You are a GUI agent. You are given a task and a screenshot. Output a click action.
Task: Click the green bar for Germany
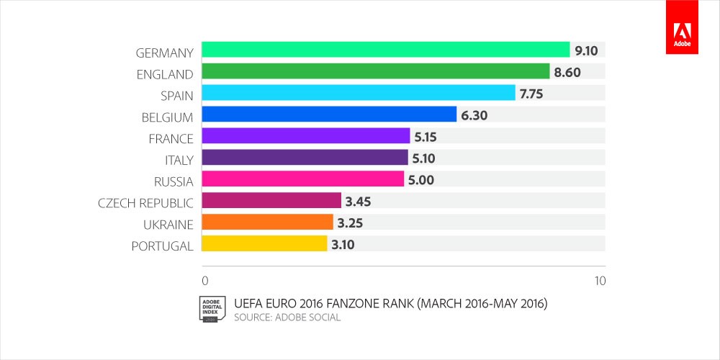click(385, 50)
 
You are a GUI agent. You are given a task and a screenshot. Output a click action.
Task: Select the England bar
click(375, 71)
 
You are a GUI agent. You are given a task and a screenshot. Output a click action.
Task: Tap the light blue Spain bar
click(358, 93)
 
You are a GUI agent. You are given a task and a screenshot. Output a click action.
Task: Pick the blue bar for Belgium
click(329, 114)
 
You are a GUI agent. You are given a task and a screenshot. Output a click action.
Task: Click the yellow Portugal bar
click(264, 244)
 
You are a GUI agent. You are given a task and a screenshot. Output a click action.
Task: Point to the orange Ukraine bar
click(267, 222)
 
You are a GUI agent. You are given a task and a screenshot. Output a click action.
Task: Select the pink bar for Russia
click(302, 179)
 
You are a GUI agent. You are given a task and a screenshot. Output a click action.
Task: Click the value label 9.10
click(588, 50)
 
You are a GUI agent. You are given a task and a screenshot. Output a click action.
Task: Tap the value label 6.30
click(474, 115)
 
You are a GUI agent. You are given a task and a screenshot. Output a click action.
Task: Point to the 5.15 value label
click(427, 137)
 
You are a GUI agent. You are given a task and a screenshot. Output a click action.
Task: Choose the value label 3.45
click(359, 201)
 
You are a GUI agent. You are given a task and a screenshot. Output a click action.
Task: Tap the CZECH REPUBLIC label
click(145, 203)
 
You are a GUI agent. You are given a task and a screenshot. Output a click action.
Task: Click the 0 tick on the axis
click(205, 280)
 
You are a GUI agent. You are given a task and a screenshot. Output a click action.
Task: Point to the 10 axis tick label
click(599, 280)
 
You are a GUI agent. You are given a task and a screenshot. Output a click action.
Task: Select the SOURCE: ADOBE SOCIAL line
click(288, 318)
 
